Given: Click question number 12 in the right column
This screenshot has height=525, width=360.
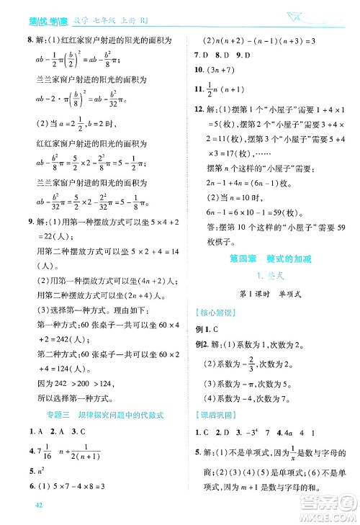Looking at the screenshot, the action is click(200, 109).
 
